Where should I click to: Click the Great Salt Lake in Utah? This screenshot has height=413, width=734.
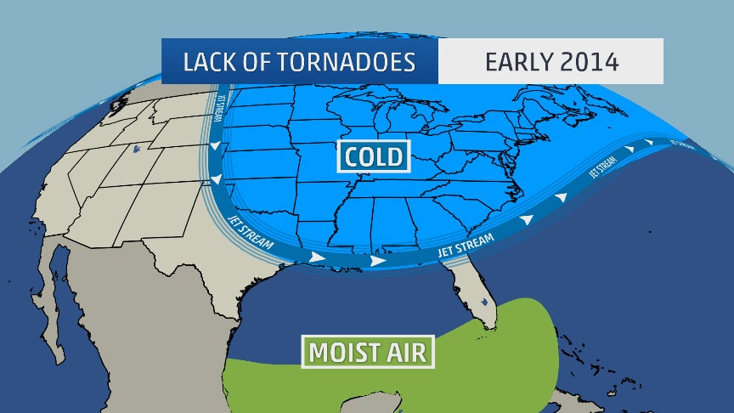coord(136,151)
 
